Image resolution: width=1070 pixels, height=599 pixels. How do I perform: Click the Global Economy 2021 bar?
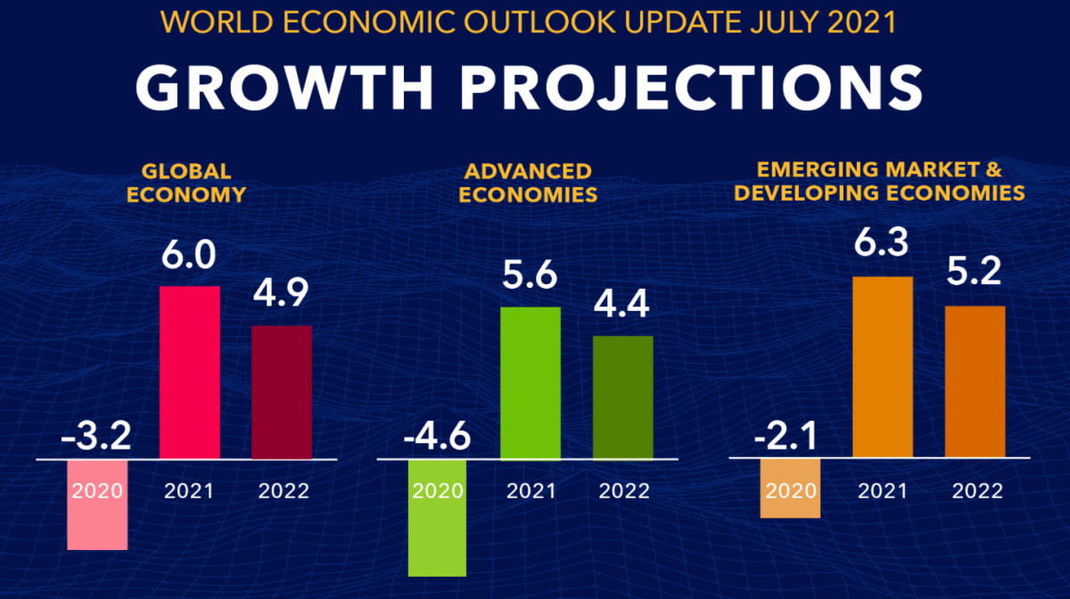[x=189, y=373]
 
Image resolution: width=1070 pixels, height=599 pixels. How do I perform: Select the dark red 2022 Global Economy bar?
[x=282, y=392]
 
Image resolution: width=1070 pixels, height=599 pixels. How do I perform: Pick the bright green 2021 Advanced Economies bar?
[x=531, y=383]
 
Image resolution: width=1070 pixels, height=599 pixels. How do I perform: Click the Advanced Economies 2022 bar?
[x=623, y=398]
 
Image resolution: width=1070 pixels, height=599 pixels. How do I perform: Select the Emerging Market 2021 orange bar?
[x=883, y=368]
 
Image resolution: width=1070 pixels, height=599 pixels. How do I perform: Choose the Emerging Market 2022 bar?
[x=975, y=382]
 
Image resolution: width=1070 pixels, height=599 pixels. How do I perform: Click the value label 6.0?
[x=189, y=258]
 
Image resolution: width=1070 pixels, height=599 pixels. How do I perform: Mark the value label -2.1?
[x=788, y=439]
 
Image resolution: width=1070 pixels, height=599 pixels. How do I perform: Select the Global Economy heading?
[x=185, y=182]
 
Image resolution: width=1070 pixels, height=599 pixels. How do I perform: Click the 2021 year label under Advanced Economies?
[x=531, y=490]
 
